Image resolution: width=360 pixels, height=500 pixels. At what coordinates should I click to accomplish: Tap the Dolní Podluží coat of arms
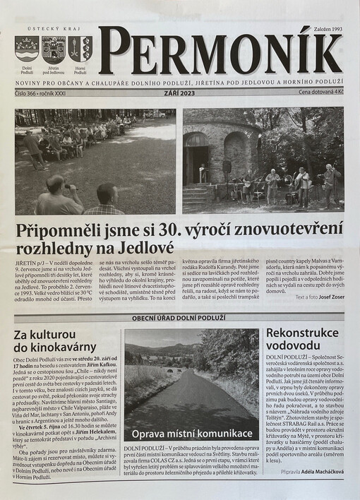click(27, 50)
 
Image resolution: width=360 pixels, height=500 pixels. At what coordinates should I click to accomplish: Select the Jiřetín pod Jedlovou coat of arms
click(53, 50)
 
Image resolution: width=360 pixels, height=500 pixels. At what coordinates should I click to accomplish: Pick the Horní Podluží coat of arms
click(80, 49)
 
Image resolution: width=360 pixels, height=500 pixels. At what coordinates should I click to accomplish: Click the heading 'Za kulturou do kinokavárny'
click(55, 340)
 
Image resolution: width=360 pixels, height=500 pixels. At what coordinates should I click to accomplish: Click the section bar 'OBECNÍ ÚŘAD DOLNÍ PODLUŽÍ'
click(179, 317)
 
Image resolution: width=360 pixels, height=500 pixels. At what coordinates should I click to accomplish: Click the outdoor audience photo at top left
click(95, 161)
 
